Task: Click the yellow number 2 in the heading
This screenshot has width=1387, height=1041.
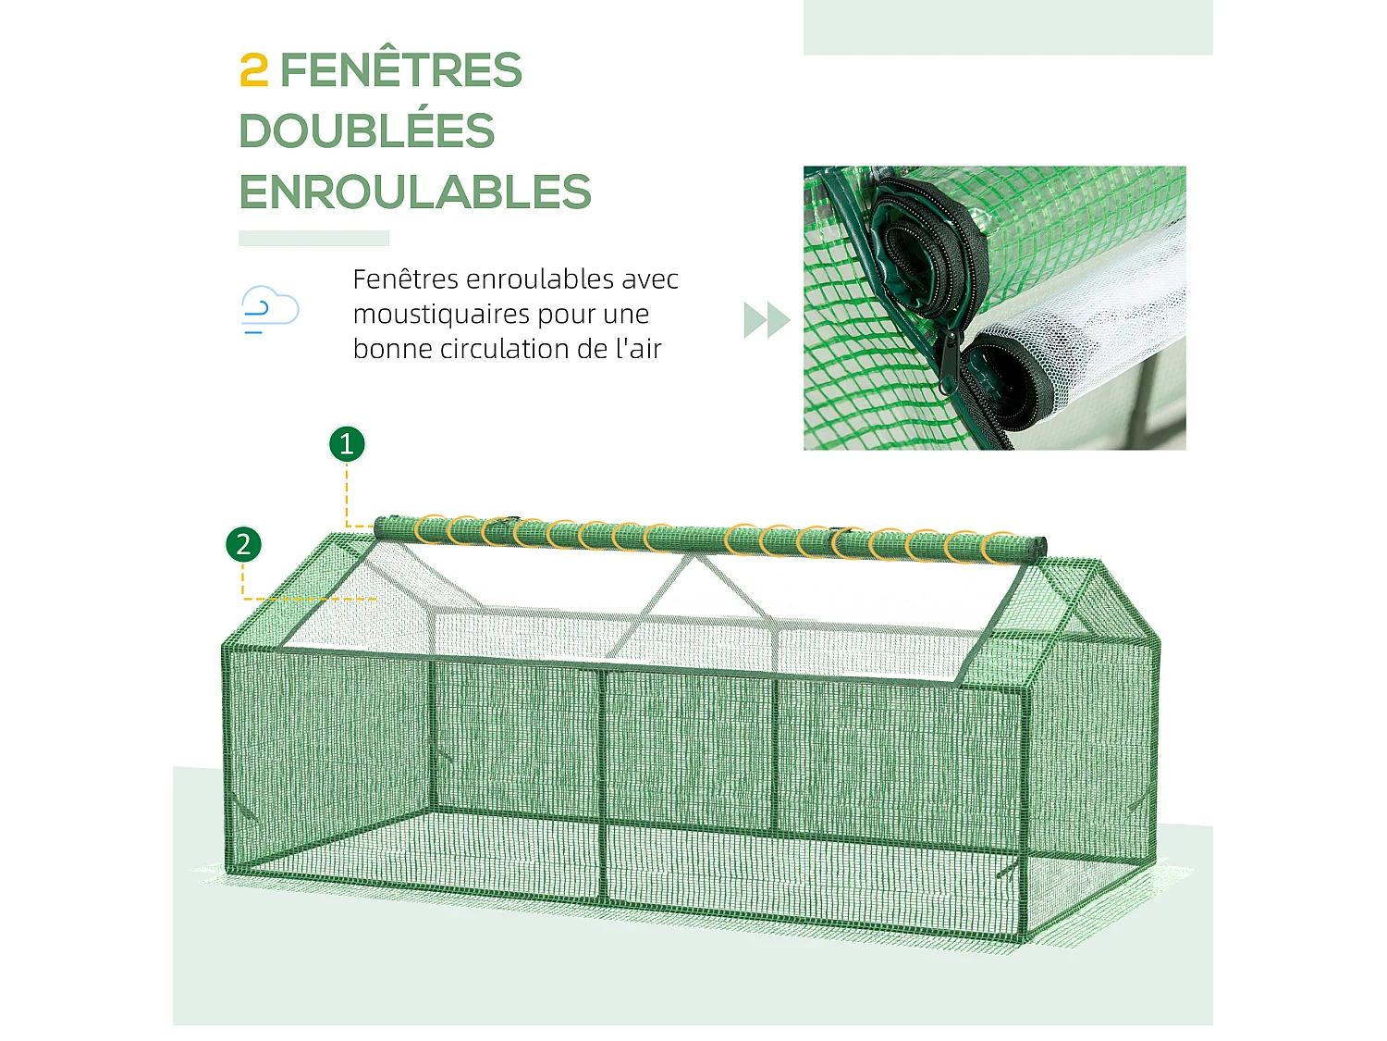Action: [x=253, y=71]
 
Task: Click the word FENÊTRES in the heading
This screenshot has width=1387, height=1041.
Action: [x=400, y=71]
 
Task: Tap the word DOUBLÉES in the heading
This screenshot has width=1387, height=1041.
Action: [x=367, y=131]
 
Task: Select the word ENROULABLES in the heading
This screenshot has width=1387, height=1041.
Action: [x=415, y=192]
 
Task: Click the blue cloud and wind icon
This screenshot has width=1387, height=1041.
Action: [x=269, y=309]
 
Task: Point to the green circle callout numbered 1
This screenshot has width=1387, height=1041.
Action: [x=347, y=444]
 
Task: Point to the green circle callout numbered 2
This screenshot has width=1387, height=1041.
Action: [x=243, y=544]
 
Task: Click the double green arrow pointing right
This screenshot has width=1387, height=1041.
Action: [x=767, y=320]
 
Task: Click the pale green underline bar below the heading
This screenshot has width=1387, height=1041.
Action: [x=313, y=238]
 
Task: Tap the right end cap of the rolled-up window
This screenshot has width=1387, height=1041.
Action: [x=1039, y=548]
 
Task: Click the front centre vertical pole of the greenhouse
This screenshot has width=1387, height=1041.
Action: [x=604, y=787]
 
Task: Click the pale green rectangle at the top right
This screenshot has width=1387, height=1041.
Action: [x=1008, y=27]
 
